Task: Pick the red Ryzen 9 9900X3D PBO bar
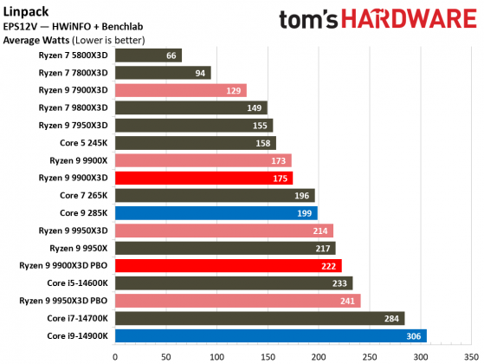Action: [x=228, y=265]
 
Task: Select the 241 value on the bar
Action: [x=347, y=300]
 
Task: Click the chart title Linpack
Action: [x=23, y=10]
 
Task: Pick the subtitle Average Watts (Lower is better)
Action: [x=74, y=39]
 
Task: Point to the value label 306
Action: [x=414, y=335]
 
